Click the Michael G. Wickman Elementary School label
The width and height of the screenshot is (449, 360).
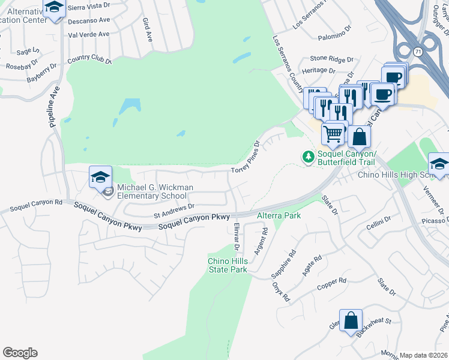coord(155,191)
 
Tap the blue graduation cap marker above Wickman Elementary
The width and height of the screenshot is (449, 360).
coord(101,177)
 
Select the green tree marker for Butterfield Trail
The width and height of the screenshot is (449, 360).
coord(309,157)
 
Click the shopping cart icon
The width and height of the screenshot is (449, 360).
coord(333,132)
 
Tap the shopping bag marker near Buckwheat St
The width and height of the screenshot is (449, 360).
coord(351,320)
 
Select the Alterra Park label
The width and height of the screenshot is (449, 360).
coord(279,215)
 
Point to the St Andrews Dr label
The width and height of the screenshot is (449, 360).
coord(175,209)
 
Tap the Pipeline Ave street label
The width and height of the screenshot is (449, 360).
coord(52,108)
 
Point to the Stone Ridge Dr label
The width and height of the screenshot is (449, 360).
coord(331,59)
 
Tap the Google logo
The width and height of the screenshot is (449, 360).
coord(20,353)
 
